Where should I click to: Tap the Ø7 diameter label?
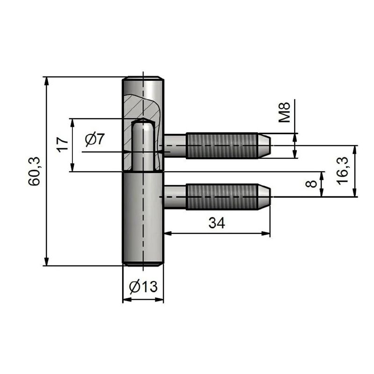click(96, 139)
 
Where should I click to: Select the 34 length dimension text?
click(216, 223)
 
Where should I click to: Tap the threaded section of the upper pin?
click(222, 145)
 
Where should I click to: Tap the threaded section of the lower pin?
click(222, 197)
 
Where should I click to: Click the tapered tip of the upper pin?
click(264, 145)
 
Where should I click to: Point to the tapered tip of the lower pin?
click(264, 197)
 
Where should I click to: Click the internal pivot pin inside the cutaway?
click(143, 145)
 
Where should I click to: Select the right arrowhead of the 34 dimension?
click(267, 233)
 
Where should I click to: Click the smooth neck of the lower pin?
click(175, 197)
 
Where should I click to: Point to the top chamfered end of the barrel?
click(143, 78)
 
